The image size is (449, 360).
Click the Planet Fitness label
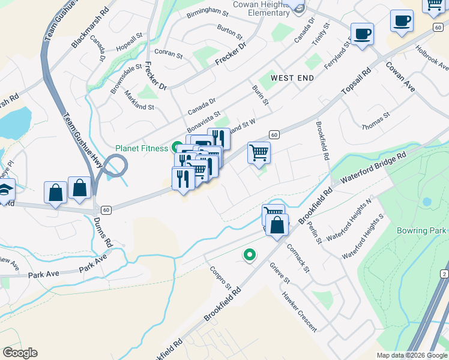click(x=141, y=148)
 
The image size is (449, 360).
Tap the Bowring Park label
click(x=421, y=230)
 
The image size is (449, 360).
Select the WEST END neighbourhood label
click(x=292, y=78)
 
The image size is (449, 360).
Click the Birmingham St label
click(x=208, y=13)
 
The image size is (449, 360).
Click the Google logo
click(x=20, y=353)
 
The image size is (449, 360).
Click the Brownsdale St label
click(x=125, y=79)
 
